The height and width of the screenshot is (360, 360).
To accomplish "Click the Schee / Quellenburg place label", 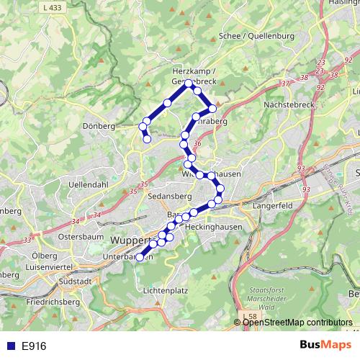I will click(x=256, y=36).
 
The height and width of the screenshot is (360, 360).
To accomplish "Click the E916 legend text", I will click(x=34, y=346).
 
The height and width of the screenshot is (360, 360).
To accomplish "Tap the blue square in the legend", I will click(x=10, y=346).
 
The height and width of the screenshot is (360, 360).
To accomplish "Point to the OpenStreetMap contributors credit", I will click(x=297, y=323).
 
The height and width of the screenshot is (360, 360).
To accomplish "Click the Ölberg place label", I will click(x=45, y=256).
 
